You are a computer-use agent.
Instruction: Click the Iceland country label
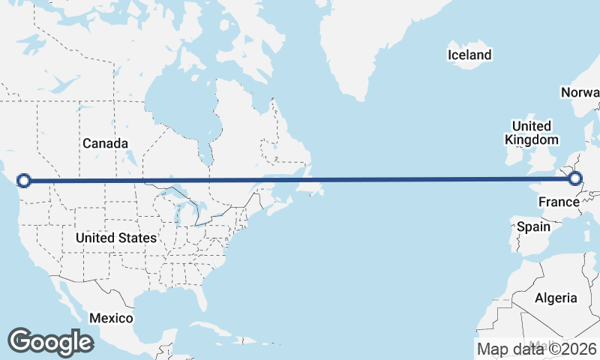click(469, 55)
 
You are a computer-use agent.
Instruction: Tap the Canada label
click(105, 143)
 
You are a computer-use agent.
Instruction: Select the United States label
click(116, 238)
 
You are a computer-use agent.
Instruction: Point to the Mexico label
click(111, 318)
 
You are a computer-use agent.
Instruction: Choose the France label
click(559, 202)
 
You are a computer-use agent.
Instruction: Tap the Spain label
click(533, 226)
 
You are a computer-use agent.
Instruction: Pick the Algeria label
click(556, 298)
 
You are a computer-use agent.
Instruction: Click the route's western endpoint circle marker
click(24, 180)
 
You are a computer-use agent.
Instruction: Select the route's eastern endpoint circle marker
click(575, 178)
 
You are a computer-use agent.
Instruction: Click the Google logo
click(50, 341)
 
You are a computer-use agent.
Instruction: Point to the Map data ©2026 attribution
click(536, 349)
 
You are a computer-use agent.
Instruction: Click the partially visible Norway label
click(581, 92)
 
